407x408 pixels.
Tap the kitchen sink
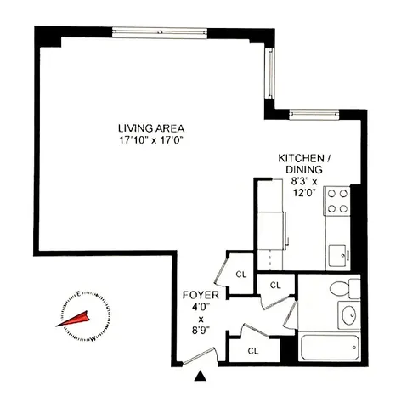338,252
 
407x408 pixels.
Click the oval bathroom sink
347,315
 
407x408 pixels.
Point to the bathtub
326,348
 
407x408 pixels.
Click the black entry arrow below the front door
201,374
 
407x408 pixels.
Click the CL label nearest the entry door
253,349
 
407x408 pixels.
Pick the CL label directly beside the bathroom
275,285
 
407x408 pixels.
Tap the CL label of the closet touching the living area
240,274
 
